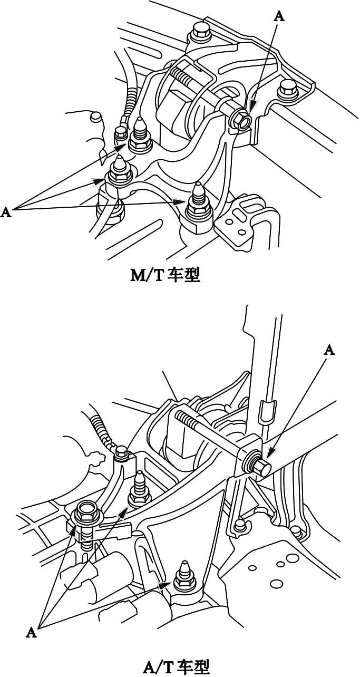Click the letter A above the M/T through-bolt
coord(279,16)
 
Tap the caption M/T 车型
coord(166,275)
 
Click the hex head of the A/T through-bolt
coord(261,467)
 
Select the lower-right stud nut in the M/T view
coord(199,207)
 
